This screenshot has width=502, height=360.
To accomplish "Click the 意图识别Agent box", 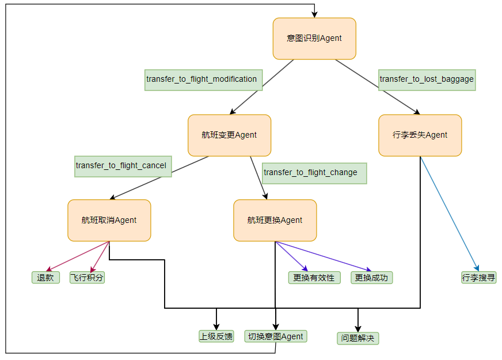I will click(x=314, y=39).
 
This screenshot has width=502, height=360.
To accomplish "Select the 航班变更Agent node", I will click(x=229, y=135).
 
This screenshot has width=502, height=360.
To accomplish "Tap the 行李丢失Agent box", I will click(x=420, y=135).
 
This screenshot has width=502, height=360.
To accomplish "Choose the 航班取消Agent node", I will click(x=109, y=221).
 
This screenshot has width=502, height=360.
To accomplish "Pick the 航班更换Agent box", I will click(x=275, y=221).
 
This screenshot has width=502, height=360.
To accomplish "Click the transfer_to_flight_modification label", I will click(x=203, y=80).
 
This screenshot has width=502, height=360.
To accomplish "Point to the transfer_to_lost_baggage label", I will click(x=427, y=80).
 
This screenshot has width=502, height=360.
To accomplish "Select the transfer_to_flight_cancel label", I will click(x=123, y=166).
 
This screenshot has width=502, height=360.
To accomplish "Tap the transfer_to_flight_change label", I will click(x=314, y=173).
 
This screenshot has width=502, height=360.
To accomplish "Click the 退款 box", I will click(x=45, y=278).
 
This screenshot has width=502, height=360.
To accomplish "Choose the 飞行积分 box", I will click(x=87, y=278).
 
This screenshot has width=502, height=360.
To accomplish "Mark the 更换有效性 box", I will click(x=314, y=278).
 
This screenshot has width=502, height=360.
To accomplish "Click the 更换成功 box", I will click(x=371, y=278).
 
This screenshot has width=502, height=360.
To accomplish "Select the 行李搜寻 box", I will click(x=478, y=278).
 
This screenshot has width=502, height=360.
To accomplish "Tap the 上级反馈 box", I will click(x=216, y=336).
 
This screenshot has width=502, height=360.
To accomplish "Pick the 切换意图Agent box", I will click(x=275, y=336).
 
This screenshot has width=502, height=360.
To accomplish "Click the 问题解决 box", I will click(x=358, y=338).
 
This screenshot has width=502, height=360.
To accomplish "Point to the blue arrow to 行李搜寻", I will click(x=449, y=213).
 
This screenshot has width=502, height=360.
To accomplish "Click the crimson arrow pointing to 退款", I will click(x=78, y=256).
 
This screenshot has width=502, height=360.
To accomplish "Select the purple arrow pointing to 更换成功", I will click(x=322, y=256).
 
